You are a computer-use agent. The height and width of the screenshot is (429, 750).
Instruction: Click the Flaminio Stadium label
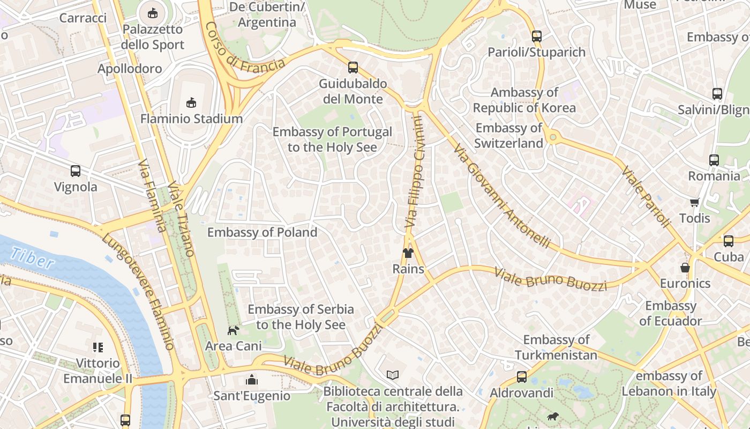[191, 119]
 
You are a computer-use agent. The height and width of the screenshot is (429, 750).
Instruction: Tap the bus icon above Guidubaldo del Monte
[352, 68]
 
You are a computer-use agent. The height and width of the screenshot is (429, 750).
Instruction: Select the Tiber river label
[32, 258]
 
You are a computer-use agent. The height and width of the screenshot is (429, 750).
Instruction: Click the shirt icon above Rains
[408, 253]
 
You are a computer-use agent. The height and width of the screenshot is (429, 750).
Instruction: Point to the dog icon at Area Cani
[233, 330]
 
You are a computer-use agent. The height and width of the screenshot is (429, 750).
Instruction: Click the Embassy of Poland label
[262, 232]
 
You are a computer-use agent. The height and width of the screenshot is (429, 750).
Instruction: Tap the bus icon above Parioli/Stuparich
[536, 36]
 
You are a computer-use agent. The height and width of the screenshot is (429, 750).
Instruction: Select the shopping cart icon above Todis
[694, 202]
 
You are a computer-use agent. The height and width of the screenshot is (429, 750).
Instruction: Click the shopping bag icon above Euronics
[685, 267]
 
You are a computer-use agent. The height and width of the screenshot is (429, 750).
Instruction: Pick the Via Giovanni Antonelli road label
[501, 196]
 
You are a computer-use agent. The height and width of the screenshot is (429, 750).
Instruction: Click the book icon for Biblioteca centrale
[393, 375]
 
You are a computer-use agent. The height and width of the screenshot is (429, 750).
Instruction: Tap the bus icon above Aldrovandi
[521, 377]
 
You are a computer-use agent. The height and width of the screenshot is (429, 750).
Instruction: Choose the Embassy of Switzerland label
[509, 136]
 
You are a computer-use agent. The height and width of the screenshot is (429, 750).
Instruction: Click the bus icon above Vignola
[76, 171]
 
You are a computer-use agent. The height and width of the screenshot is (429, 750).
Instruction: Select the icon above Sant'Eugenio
[251, 380]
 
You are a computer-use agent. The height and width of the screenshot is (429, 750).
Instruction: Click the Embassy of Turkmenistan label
[556, 347]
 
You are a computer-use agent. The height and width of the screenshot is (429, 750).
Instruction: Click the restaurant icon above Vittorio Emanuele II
[97, 347]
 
